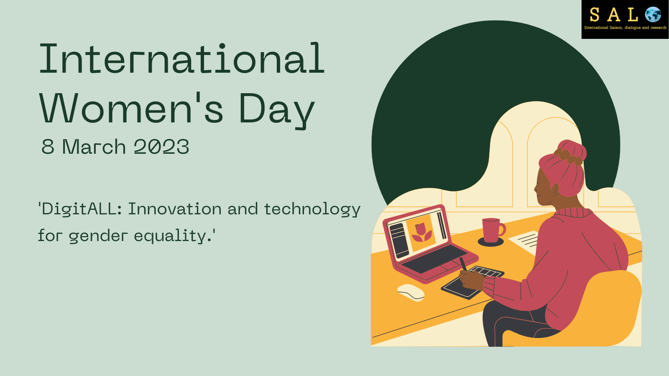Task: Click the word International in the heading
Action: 182,58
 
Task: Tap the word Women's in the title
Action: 131,108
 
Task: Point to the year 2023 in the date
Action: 161,147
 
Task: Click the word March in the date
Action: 94,147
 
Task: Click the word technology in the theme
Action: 312,209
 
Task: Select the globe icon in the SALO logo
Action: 653,14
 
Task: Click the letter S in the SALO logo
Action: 594,15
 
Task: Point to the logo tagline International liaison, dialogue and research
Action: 625,28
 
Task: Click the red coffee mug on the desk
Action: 493,230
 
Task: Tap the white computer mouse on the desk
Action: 411,292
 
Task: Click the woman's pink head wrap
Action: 563,167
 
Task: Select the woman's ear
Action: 555,189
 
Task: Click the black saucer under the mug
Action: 491,242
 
